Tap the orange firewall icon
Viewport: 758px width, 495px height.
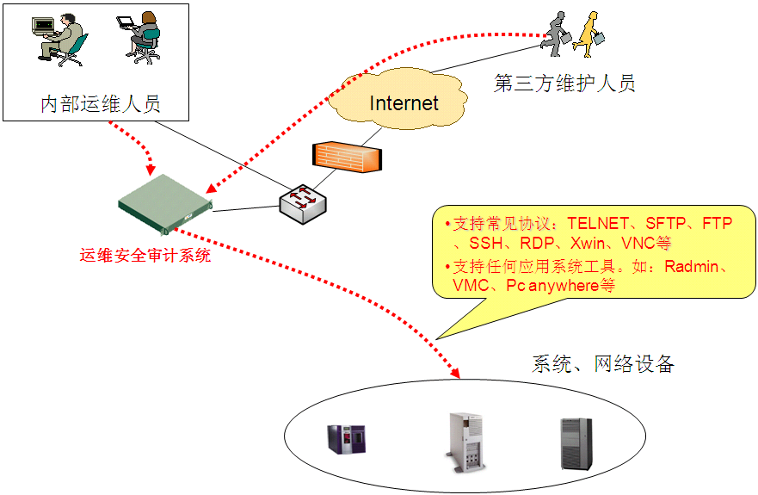pos(346,156)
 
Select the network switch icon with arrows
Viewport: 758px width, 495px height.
pos(302,204)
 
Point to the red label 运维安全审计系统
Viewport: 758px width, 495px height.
pos(145,256)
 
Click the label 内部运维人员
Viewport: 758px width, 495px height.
pos(101,104)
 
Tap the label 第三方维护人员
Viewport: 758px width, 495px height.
pos(564,84)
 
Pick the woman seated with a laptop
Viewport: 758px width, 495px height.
pos(140,36)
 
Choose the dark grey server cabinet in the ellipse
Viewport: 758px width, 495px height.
pos(575,442)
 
